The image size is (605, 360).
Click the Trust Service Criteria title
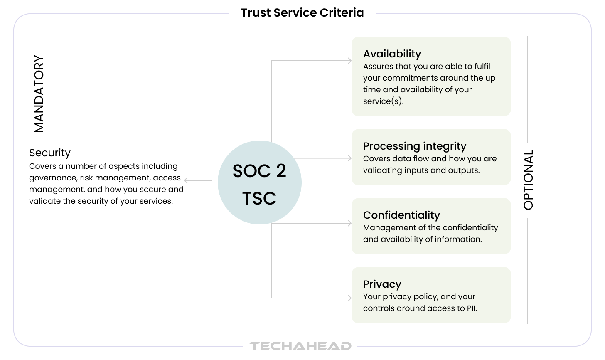click(302, 13)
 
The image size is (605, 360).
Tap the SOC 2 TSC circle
click(260, 182)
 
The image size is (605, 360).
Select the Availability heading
click(392, 54)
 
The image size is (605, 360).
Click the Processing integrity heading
click(415, 146)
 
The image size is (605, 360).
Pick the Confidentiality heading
click(401, 215)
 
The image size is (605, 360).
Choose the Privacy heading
click(382, 284)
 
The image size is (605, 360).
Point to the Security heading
click(50, 153)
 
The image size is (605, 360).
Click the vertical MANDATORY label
click(39, 94)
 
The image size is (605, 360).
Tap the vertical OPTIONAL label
click(528, 180)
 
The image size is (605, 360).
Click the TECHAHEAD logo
click(300, 346)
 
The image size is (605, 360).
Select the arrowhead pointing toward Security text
click(186, 180)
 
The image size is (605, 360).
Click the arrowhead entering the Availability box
click(349, 61)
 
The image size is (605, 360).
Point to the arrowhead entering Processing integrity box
click(349, 158)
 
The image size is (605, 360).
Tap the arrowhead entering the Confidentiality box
click(349, 223)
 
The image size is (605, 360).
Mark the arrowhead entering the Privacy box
click(349, 298)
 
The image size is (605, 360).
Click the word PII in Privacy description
click(472, 308)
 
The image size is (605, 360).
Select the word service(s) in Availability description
click(383, 101)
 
